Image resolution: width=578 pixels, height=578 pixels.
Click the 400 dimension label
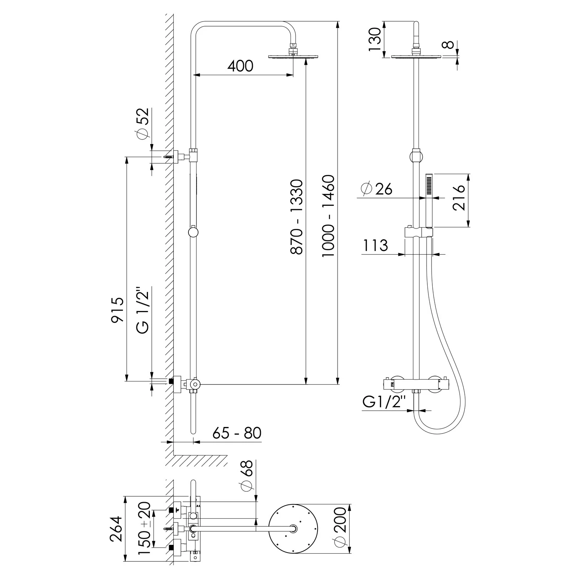[240, 66]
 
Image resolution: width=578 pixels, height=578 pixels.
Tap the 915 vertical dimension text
[118, 310]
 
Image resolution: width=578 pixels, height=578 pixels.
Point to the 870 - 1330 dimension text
[297, 217]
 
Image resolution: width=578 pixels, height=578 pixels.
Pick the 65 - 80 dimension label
[237, 433]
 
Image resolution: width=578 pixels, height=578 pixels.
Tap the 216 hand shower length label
[459, 198]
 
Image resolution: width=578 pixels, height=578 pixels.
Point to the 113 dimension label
[375, 245]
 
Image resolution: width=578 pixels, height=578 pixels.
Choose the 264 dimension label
[116, 528]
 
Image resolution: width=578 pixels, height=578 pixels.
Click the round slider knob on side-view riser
[193, 232]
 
